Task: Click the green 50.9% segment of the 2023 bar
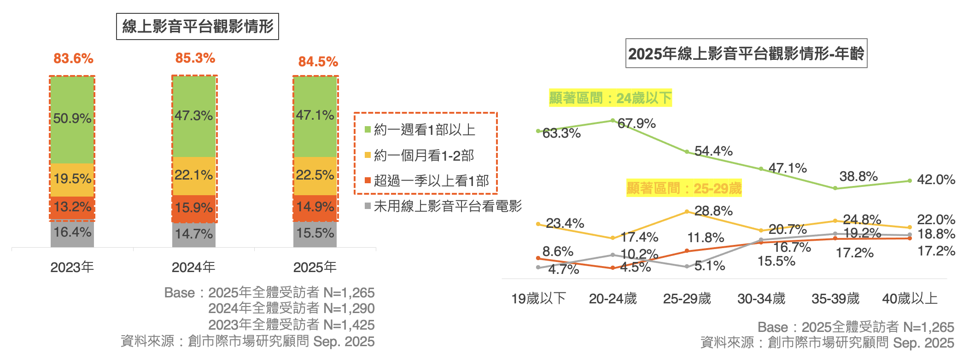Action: pos(72,120)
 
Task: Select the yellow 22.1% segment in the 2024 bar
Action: pos(194,176)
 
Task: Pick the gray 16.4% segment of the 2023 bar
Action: pos(72,233)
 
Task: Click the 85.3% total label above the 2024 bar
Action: pos(195,58)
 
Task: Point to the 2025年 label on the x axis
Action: pos(315,267)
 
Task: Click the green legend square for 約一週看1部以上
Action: pos(368,130)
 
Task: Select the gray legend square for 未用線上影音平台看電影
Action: pos(368,206)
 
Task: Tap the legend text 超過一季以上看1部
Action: pos(431,181)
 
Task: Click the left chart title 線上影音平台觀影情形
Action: pos(198,27)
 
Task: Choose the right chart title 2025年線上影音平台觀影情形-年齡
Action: pos(746,54)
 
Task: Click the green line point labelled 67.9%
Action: pos(613,121)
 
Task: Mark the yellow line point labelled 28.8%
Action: pos(687,212)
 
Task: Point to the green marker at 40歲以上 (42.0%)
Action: pos(910,181)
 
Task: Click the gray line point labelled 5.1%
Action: pos(687,267)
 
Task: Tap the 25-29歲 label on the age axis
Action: pos(687,299)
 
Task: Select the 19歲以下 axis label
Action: pos(538,299)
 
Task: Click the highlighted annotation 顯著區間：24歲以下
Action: pos(610,98)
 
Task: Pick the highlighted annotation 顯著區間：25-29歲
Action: pos(684,188)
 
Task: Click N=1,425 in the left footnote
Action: pos(349,325)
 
